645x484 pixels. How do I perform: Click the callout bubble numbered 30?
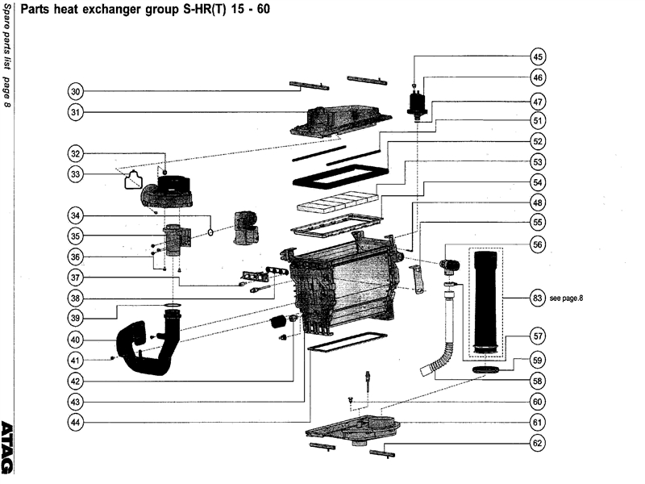pyautogui.click(x=76, y=91)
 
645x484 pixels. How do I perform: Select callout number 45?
pyautogui.click(x=537, y=56)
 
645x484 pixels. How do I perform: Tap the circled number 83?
pyautogui.click(x=537, y=298)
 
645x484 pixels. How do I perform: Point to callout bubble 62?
pyautogui.click(x=537, y=443)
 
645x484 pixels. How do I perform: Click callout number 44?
pyautogui.click(x=76, y=422)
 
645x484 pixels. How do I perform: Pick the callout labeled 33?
pyautogui.click(x=76, y=173)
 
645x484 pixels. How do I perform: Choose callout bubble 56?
pyautogui.click(x=537, y=244)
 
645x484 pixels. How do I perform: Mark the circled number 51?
pyautogui.click(x=537, y=120)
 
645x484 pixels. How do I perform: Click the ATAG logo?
pyautogui.click(x=8, y=448)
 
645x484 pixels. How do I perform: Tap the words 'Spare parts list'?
pyautogui.click(x=7, y=36)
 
